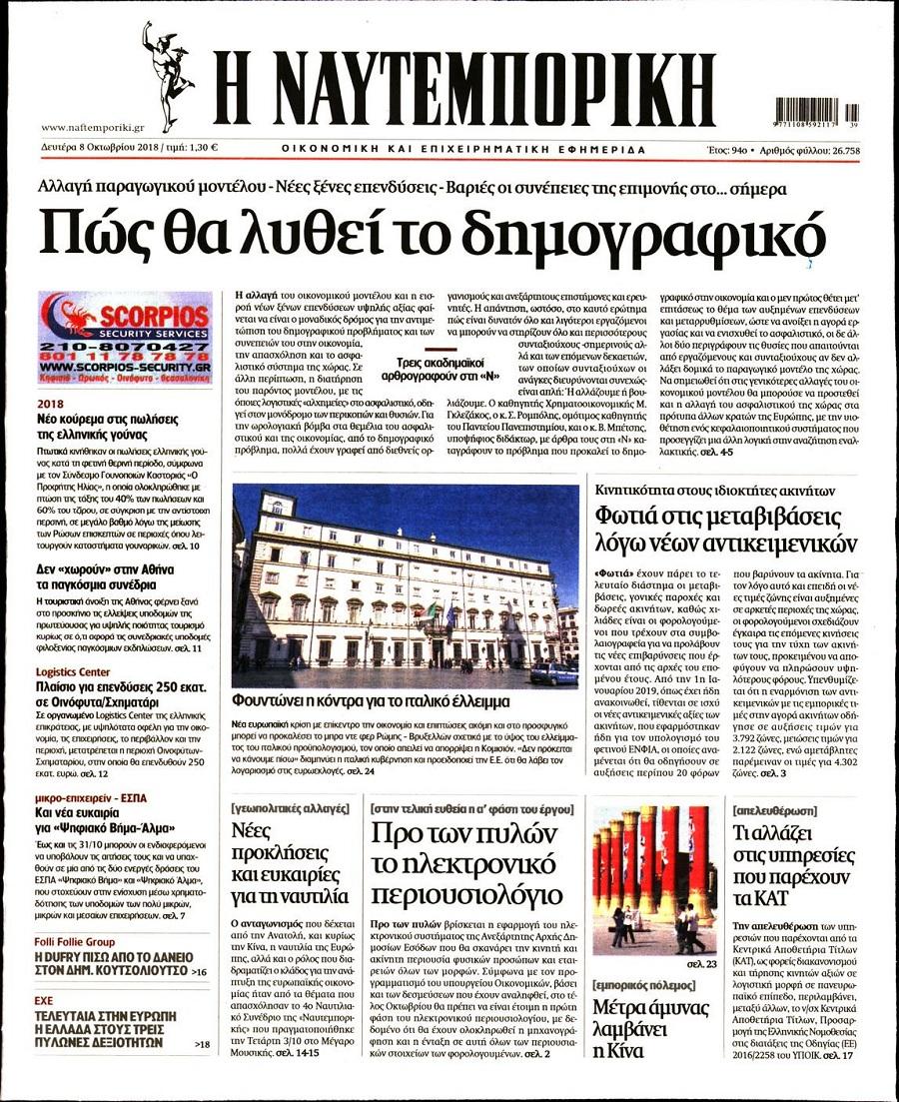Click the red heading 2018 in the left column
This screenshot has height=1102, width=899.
click(x=49, y=405)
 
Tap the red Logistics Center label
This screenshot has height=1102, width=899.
click(x=74, y=672)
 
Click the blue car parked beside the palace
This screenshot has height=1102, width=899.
click(x=553, y=672)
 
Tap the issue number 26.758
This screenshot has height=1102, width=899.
click(x=837, y=150)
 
